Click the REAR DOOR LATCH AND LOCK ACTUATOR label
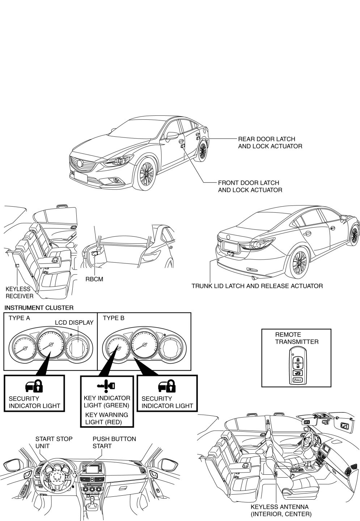tap(270, 143)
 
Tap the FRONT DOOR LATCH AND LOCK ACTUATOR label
tap(250, 186)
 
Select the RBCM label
tap(94, 279)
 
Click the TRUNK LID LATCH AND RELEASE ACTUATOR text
tap(257, 286)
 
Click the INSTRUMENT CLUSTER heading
tap(39, 308)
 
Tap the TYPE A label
tap(20, 318)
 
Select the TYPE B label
tap(114, 318)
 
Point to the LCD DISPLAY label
tap(74, 322)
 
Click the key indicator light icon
tap(106, 386)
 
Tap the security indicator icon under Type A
tap(34, 386)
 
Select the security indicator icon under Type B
tap(167, 386)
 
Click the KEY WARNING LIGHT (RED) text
tap(106, 418)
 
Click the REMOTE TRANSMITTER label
tap(297, 338)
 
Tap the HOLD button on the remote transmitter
tap(297, 380)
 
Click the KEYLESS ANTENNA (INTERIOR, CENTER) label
tap(281, 511)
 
